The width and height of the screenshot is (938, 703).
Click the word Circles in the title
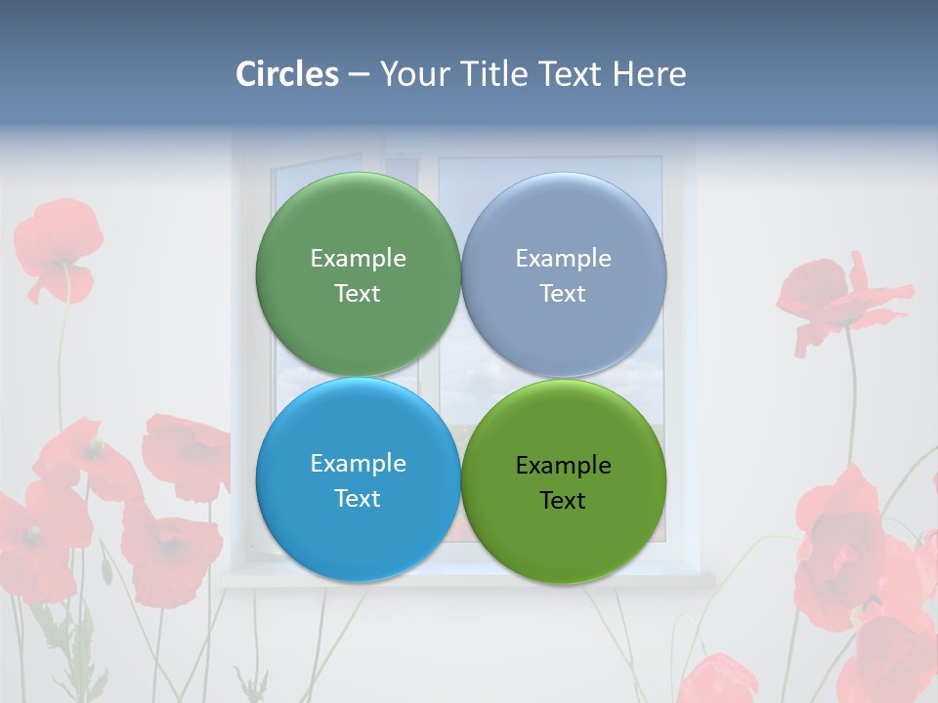pos(287,74)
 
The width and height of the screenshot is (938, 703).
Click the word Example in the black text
pos(563,466)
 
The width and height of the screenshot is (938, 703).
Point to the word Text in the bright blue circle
pos(358,499)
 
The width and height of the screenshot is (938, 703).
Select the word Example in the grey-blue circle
pos(563,259)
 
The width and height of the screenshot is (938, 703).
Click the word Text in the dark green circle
pos(358,294)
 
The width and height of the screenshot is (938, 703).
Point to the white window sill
pos(469,579)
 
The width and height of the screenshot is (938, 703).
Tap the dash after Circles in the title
pos(359,75)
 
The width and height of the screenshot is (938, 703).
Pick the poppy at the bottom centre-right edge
pos(718,680)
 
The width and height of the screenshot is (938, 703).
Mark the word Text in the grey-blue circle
pos(563,294)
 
